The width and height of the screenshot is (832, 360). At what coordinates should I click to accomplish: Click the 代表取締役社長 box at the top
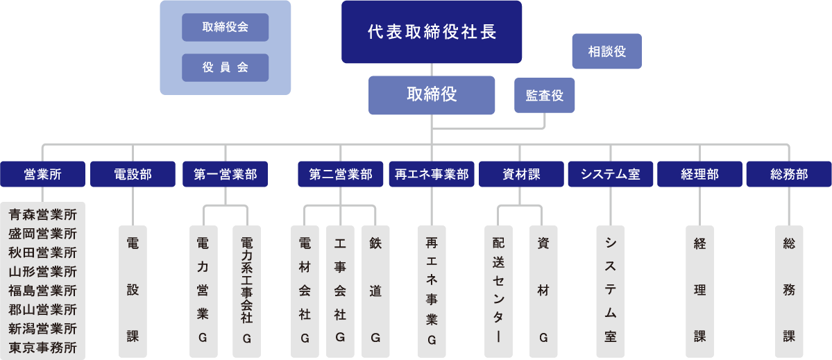431,32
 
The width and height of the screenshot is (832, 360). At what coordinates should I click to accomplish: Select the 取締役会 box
225,27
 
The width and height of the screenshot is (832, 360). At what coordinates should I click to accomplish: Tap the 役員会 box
225,67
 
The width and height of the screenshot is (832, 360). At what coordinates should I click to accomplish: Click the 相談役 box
606,51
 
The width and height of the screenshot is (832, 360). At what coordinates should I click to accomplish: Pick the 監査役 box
544,96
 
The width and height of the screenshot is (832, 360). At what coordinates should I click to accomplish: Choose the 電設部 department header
132,174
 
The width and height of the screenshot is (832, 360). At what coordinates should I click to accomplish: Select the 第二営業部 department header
340,174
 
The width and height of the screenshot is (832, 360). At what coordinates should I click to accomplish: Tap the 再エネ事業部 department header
431,174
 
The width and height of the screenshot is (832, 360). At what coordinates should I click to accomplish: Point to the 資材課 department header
520,174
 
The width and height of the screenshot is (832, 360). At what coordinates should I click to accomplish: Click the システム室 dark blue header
610,174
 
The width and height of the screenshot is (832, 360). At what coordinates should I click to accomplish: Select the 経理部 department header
699,174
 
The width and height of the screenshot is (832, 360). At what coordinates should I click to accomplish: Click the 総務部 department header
788,174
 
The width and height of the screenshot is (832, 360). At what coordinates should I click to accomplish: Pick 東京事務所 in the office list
43,348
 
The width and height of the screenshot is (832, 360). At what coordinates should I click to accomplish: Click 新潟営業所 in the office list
43,328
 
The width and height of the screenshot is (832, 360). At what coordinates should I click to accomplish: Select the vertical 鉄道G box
375,291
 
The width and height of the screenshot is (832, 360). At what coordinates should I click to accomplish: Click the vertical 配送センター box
498,291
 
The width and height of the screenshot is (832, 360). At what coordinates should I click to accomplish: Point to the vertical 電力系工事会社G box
246,291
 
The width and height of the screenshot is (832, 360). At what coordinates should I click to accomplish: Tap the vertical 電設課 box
132,291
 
